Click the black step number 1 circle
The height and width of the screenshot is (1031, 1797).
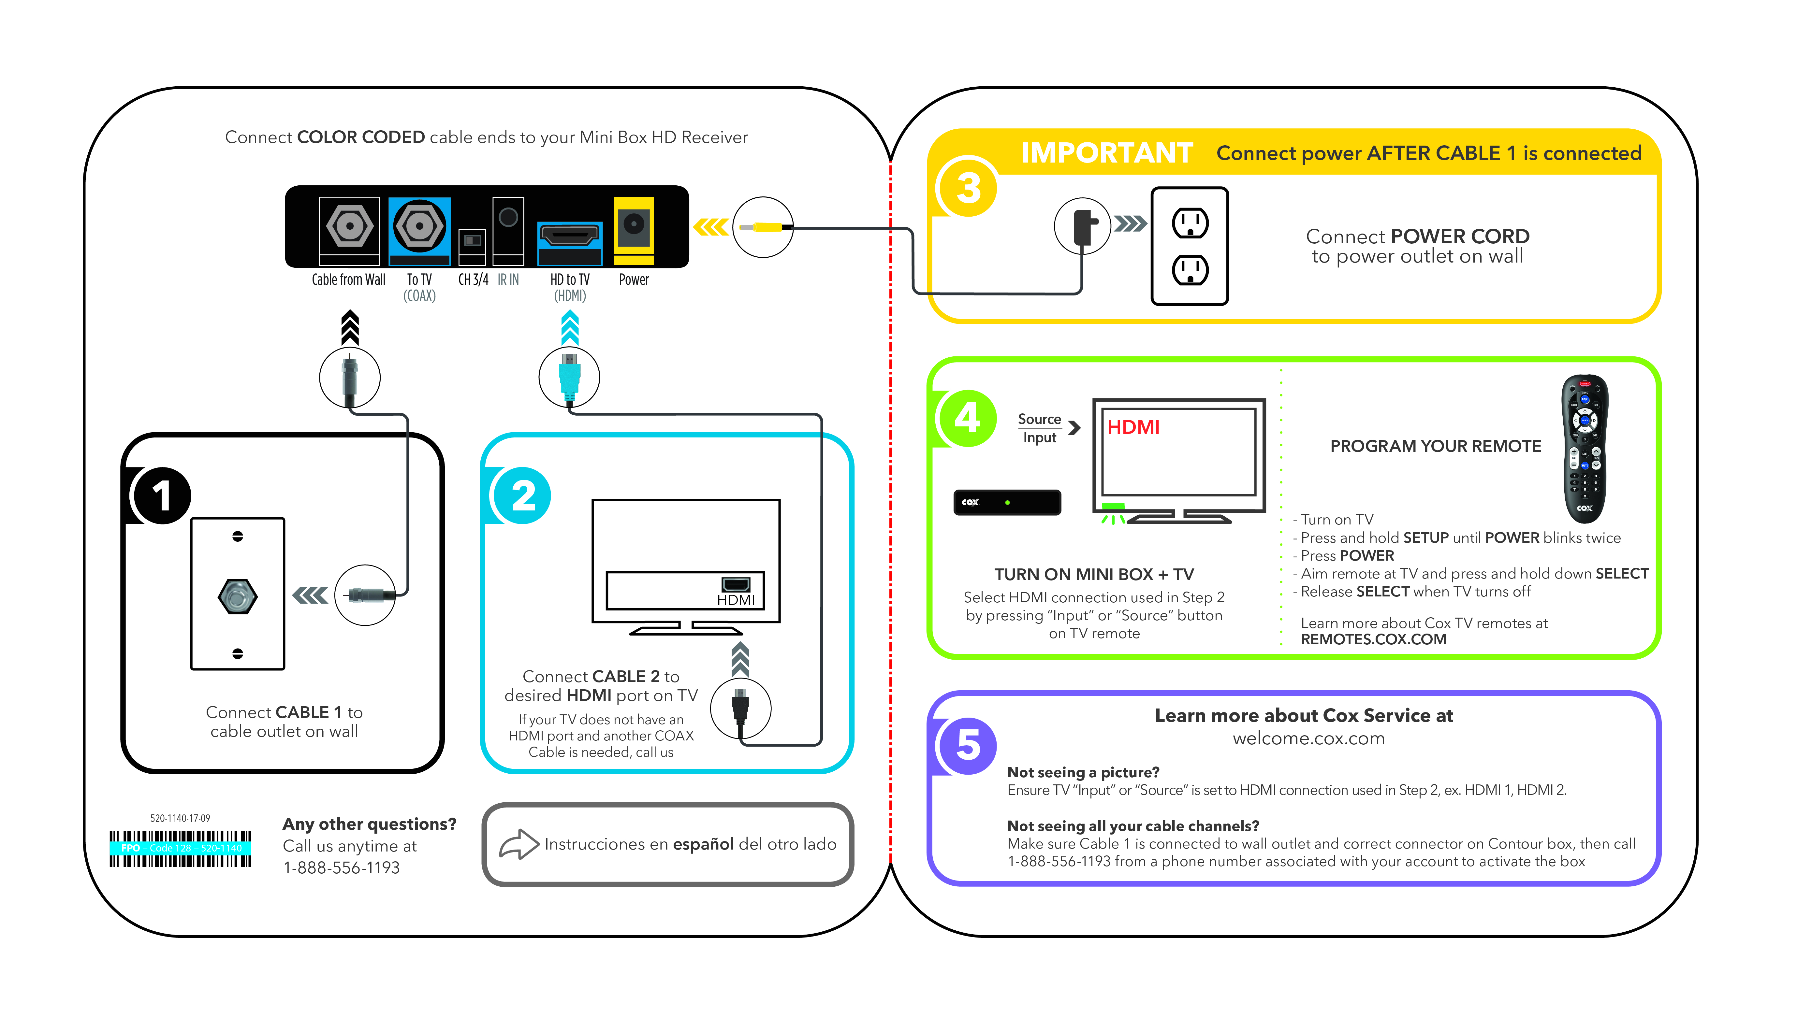(x=162, y=496)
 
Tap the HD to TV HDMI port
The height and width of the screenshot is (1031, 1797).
(x=569, y=236)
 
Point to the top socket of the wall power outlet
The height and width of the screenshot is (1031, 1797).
(x=1190, y=223)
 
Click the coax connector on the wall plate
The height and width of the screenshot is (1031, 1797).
(x=237, y=596)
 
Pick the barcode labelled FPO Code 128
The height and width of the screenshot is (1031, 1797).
(x=181, y=848)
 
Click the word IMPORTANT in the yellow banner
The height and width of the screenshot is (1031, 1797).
(x=1106, y=153)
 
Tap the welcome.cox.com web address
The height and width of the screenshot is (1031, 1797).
(x=1308, y=738)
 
